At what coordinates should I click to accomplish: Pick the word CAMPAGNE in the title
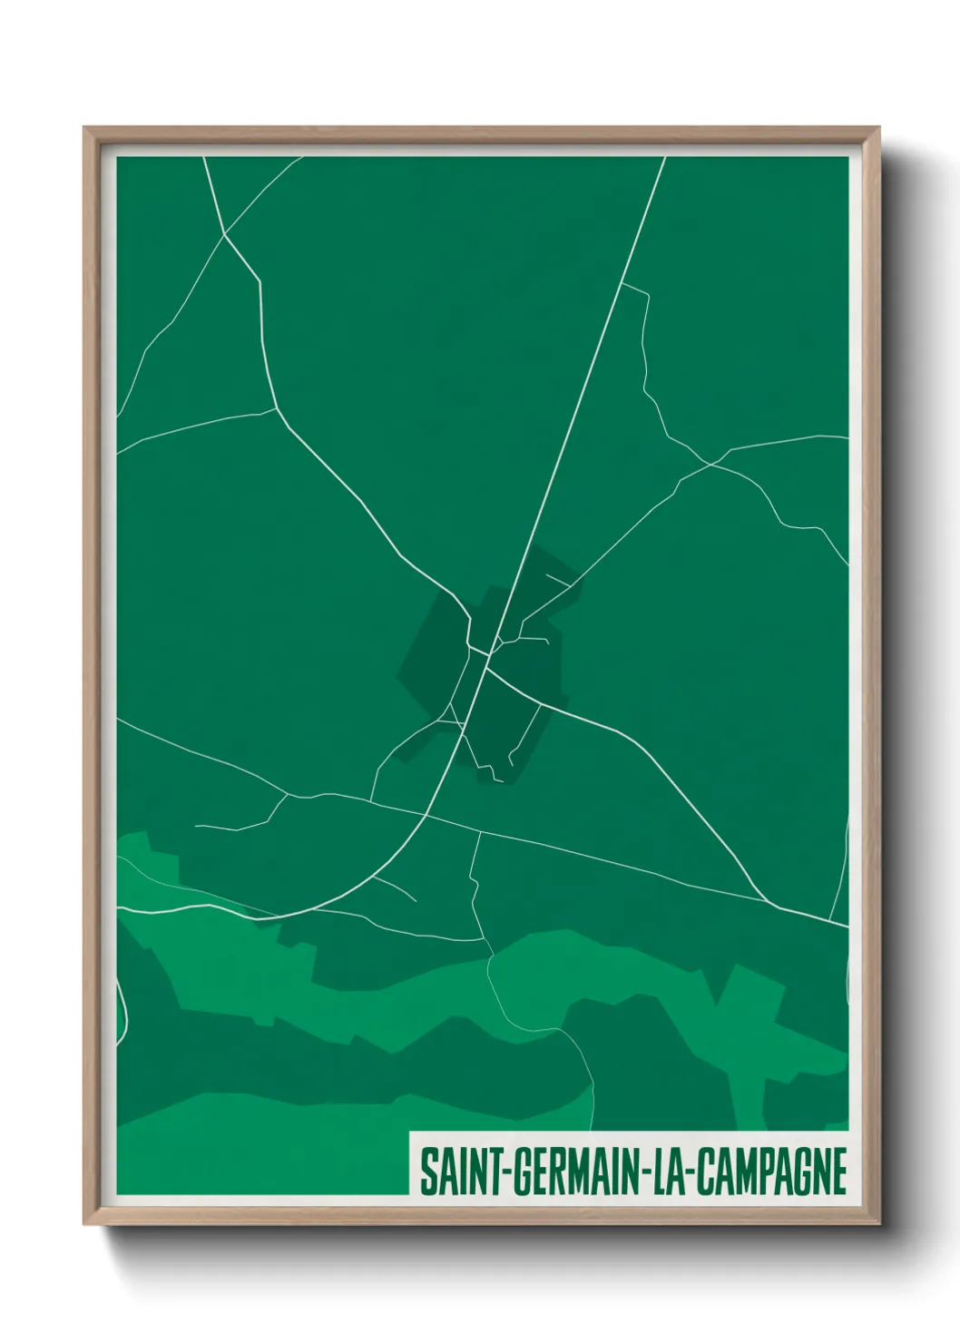tap(773, 1171)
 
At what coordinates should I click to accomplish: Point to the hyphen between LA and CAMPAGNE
tap(693, 1172)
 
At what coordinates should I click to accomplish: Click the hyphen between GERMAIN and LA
tap(646, 1172)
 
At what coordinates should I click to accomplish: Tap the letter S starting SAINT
tap(426, 1171)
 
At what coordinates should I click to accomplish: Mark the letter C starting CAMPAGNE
tap(708, 1171)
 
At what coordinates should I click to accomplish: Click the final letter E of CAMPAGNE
tap(839, 1171)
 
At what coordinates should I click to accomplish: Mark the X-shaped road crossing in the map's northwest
tap(224, 235)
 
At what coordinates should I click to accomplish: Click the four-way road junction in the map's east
tap(711, 464)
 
